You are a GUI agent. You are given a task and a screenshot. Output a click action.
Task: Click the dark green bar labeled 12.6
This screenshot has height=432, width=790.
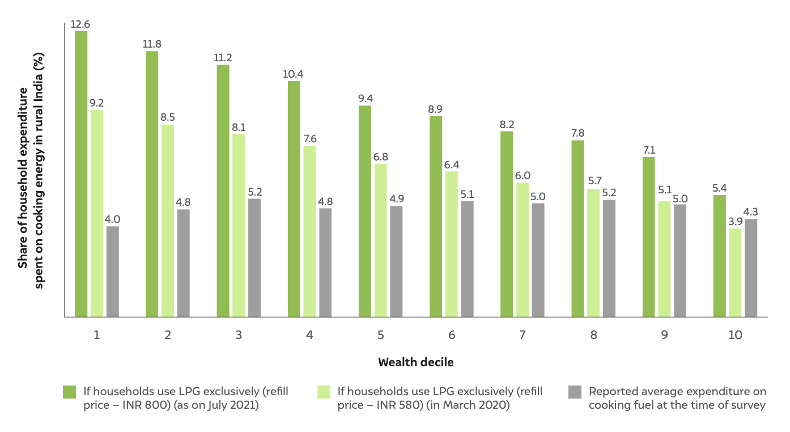point(81,174)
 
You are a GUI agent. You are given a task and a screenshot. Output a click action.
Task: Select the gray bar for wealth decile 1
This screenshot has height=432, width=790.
point(113,272)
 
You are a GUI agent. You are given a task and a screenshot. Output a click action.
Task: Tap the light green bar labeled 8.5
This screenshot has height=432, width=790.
point(168,221)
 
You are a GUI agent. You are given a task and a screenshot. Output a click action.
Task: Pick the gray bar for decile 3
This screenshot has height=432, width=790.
point(254,258)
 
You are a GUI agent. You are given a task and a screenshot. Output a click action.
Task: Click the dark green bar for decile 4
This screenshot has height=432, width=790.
point(294,199)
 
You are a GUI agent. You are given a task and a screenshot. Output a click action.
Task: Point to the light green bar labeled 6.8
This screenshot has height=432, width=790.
point(380,240)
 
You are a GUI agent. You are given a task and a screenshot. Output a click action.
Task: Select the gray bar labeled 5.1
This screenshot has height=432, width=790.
point(468,259)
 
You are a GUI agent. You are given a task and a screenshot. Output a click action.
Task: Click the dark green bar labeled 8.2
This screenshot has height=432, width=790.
point(507,224)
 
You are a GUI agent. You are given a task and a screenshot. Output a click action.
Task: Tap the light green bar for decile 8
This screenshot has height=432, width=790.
point(593,253)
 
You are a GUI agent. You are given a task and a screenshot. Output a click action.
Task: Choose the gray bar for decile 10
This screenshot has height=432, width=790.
point(751,268)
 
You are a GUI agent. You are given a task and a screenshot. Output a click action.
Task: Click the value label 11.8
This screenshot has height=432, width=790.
point(152,44)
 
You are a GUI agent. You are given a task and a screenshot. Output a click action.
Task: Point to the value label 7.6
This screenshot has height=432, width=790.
point(310,139)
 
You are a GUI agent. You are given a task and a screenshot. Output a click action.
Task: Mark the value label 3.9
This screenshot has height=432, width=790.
point(736,222)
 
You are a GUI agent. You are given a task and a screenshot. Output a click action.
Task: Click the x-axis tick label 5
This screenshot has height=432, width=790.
point(380,334)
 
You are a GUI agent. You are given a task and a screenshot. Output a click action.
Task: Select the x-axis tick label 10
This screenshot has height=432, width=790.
point(735,334)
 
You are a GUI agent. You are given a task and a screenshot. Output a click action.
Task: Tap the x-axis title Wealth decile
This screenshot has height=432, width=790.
point(416,362)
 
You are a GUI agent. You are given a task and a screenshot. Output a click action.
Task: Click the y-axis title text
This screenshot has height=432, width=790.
point(31,171)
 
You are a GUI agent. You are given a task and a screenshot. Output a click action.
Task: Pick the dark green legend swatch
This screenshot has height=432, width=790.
point(70,392)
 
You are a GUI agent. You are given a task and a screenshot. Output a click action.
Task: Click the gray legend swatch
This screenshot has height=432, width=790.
point(575,392)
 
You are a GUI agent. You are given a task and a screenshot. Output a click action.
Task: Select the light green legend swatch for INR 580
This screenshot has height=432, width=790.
point(324,392)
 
